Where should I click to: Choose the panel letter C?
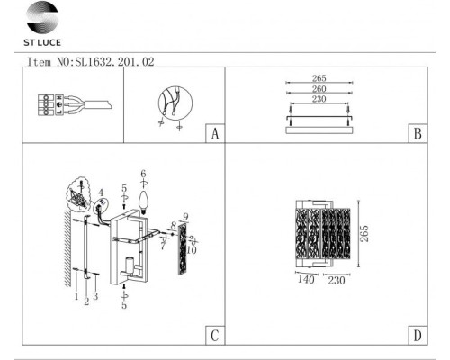click(x=214, y=337)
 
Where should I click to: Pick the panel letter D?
click(x=417, y=337)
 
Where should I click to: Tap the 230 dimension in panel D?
click(x=338, y=281)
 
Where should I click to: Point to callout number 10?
click(x=192, y=250)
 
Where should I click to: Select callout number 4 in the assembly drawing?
click(x=102, y=191)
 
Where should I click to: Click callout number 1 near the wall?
click(x=76, y=294)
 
